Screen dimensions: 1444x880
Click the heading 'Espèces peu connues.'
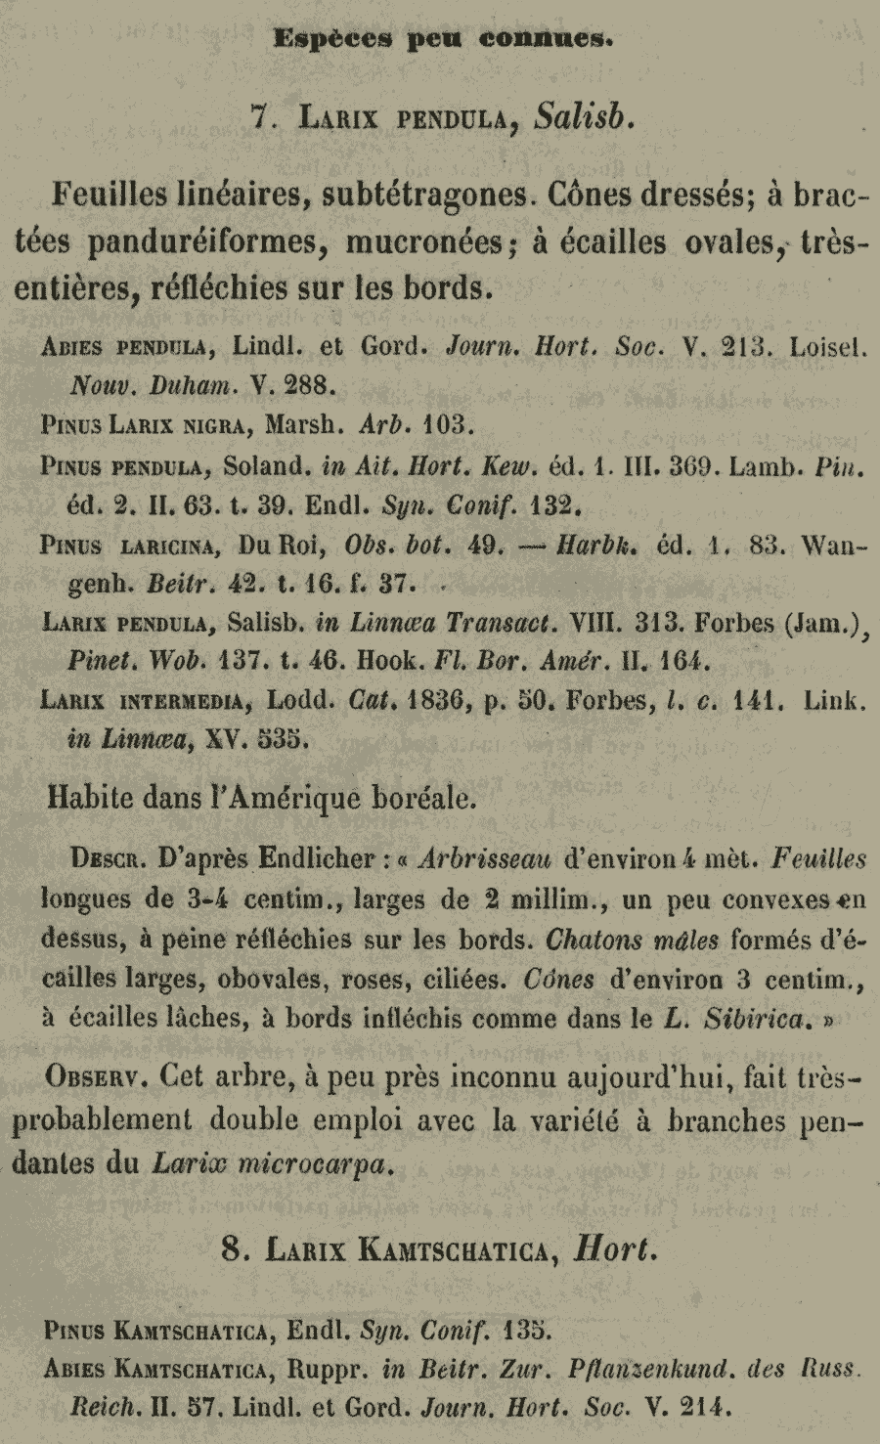(443, 40)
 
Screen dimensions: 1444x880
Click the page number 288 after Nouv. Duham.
(310, 384)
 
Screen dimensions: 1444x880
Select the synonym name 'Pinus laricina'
(127, 546)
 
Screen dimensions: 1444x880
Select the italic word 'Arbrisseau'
(484, 858)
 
